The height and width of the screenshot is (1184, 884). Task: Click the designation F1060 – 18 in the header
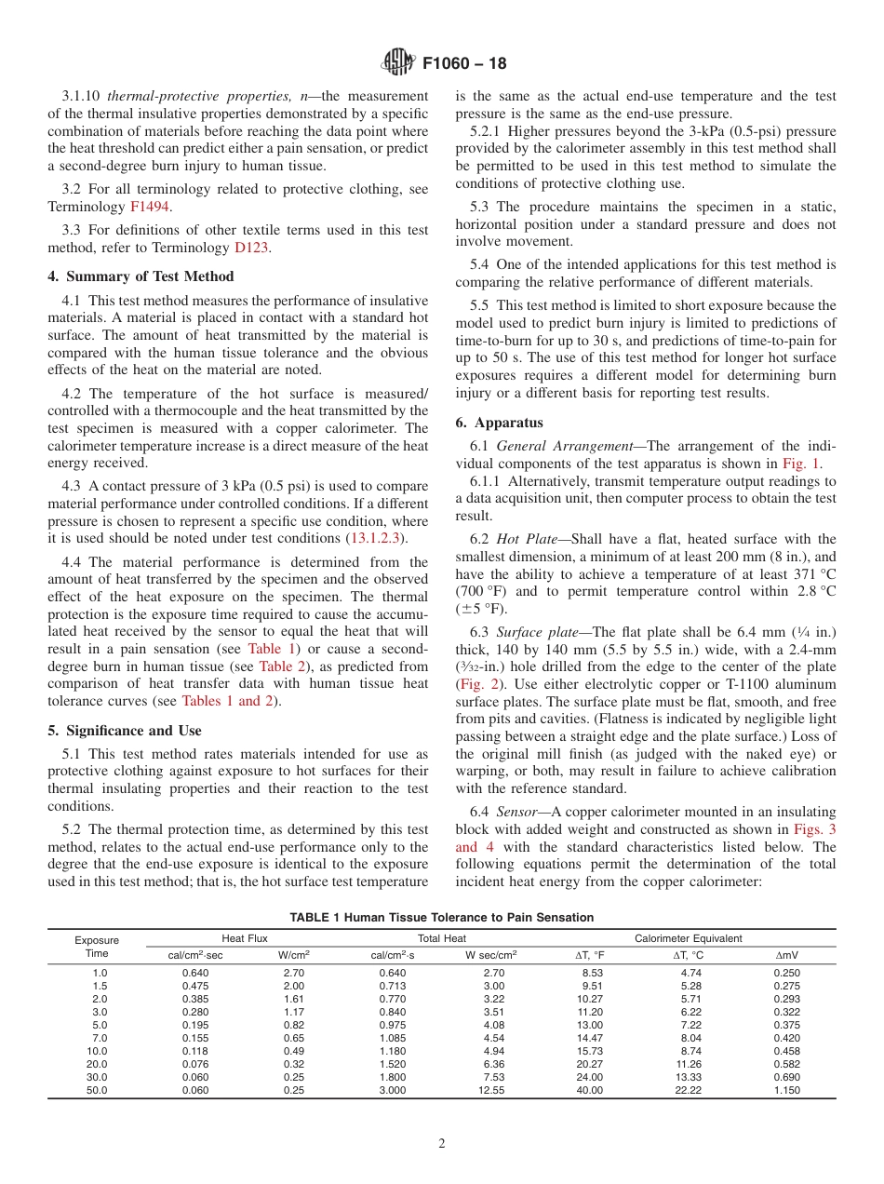tap(464, 64)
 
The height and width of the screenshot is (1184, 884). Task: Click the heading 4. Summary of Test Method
tap(141, 276)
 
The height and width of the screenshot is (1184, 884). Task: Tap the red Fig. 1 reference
tap(800, 464)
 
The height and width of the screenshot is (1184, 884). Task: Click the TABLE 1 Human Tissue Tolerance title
tap(441, 918)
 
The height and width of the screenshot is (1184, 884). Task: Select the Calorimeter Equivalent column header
tap(688, 938)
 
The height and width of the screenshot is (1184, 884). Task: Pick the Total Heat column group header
tap(442, 938)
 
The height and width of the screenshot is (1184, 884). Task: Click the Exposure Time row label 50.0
tap(97, 1090)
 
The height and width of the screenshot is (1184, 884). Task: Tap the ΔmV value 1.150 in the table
tap(786, 1090)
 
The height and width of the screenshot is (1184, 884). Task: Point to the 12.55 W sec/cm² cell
tap(491, 1090)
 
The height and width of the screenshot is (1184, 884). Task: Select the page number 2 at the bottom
tap(442, 1144)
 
